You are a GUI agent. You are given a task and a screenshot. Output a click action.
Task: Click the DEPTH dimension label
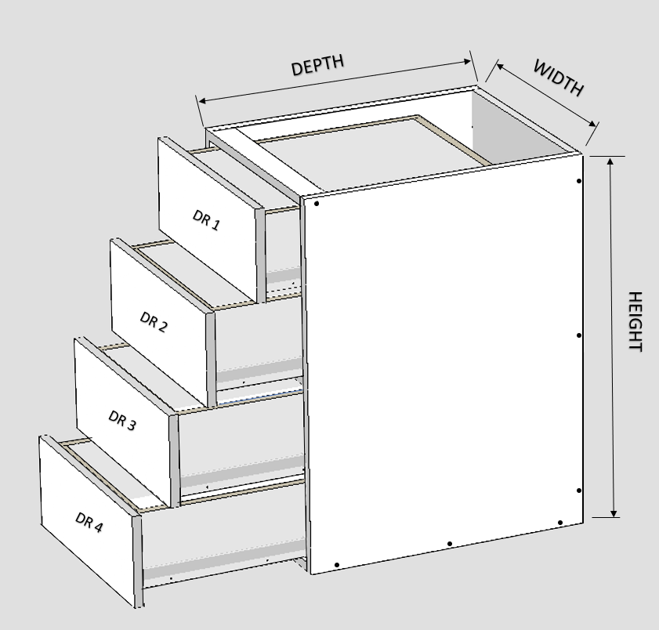(317, 65)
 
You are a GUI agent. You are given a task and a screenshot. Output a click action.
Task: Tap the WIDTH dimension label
(559, 78)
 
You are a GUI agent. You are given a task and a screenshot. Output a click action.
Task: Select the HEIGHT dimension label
(635, 321)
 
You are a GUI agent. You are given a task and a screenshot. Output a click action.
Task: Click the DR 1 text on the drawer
(206, 220)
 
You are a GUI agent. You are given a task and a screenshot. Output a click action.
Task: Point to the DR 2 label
(154, 322)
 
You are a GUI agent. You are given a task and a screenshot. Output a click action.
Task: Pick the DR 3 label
(122, 420)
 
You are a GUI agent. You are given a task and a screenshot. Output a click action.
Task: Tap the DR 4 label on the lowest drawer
(89, 522)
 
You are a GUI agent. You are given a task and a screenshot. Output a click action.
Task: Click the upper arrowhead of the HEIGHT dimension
(610, 161)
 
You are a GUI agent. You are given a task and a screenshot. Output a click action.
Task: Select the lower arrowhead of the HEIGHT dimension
(614, 513)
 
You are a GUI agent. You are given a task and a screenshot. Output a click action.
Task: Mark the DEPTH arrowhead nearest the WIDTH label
(467, 62)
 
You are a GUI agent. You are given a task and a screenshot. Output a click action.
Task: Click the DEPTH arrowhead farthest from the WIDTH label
(201, 101)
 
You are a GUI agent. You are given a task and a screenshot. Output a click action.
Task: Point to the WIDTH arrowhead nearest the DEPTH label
(500, 66)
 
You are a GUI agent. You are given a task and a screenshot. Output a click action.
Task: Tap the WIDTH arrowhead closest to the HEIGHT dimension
(592, 124)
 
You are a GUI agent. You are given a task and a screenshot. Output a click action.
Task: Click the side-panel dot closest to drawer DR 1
(317, 204)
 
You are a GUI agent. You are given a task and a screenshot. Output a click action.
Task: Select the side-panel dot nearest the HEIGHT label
(579, 335)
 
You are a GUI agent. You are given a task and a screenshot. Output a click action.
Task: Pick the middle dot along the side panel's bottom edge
(450, 544)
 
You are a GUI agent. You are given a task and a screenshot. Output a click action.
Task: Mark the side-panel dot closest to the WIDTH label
(579, 181)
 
